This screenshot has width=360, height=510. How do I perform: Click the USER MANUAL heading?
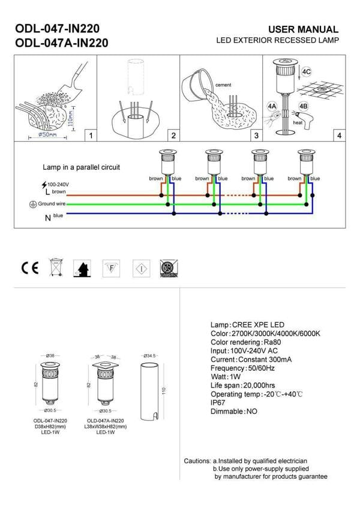302,29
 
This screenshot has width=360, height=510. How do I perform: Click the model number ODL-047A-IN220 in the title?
61,43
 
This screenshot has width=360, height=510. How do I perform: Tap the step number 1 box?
90,136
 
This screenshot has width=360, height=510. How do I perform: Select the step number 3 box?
256,136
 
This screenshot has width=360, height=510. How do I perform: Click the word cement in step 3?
223,85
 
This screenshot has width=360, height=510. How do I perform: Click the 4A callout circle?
272,106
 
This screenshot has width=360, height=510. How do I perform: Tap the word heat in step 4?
298,122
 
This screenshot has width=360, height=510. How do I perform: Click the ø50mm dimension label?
48,135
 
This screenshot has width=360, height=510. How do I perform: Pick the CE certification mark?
29,268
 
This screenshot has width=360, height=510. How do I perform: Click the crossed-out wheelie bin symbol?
56,268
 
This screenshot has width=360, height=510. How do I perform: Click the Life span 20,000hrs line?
242,385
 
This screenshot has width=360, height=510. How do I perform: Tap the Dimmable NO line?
233,412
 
